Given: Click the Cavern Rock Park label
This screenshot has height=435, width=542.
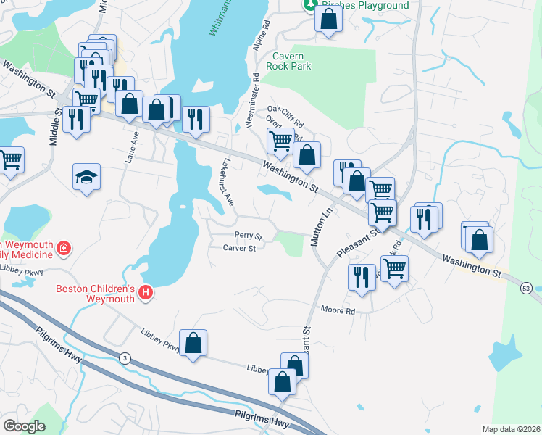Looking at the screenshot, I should [292, 61].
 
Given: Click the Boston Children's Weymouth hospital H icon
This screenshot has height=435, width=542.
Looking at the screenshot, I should [146, 293].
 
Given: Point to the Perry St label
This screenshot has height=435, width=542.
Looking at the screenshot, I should [248, 236].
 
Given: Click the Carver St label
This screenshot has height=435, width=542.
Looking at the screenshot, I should [241, 249].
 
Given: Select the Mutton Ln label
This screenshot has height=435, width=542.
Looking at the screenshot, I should [317, 226].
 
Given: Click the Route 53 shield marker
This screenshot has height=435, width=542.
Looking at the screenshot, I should [526, 288].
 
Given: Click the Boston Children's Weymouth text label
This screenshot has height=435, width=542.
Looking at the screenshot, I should [96, 294].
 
